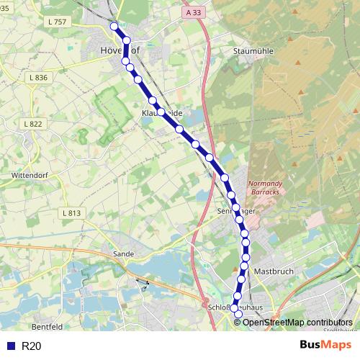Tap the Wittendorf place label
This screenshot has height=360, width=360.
pyautogui.click(x=29, y=175)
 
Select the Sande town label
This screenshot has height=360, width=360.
pyautogui.click(x=123, y=253)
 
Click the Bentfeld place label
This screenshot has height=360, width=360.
pyautogui.click(x=48, y=326)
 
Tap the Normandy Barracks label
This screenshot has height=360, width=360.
pyautogui.click(x=266, y=188)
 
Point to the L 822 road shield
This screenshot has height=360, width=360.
pyautogui.click(x=32, y=125)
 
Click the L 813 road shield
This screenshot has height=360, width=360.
pyautogui.click(x=71, y=213)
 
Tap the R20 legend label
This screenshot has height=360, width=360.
pyautogui.click(x=32, y=346)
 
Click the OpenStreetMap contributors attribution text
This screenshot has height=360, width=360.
pyautogui.click(x=297, y=322)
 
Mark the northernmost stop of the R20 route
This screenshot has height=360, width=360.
pyautogui.click(x=114, y=26)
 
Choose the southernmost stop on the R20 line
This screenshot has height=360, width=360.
pyautogui.click(x=239, y=315)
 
